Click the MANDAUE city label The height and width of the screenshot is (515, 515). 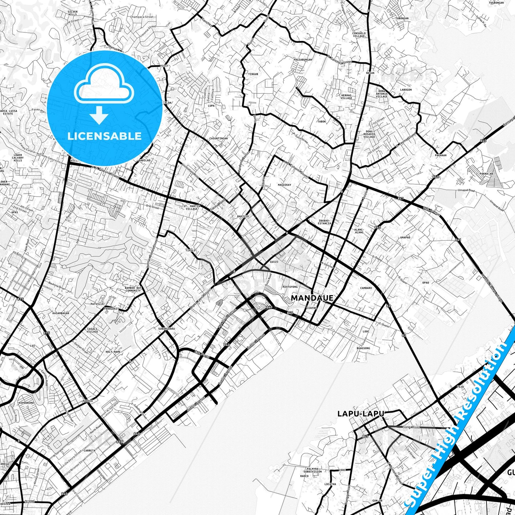click(312, 298)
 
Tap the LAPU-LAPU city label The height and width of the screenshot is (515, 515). click(361, 414)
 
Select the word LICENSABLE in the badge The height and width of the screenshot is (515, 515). click(104, 136)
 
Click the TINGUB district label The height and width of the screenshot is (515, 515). click(253, 74)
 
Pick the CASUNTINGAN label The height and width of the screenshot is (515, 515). click(218, 138)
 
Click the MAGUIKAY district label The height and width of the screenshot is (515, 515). click(284, 185)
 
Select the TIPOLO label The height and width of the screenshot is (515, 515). click(191, 250)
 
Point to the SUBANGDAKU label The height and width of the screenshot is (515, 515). click(166, 329)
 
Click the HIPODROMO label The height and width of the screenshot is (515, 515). click(26, 402)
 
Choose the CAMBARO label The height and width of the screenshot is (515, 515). click(366, 288)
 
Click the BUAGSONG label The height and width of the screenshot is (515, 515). click(364, 348)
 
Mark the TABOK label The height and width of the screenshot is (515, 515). click(321, 122)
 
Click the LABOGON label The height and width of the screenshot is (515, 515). click(406, 90)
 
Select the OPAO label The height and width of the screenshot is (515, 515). click(426, 283)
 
